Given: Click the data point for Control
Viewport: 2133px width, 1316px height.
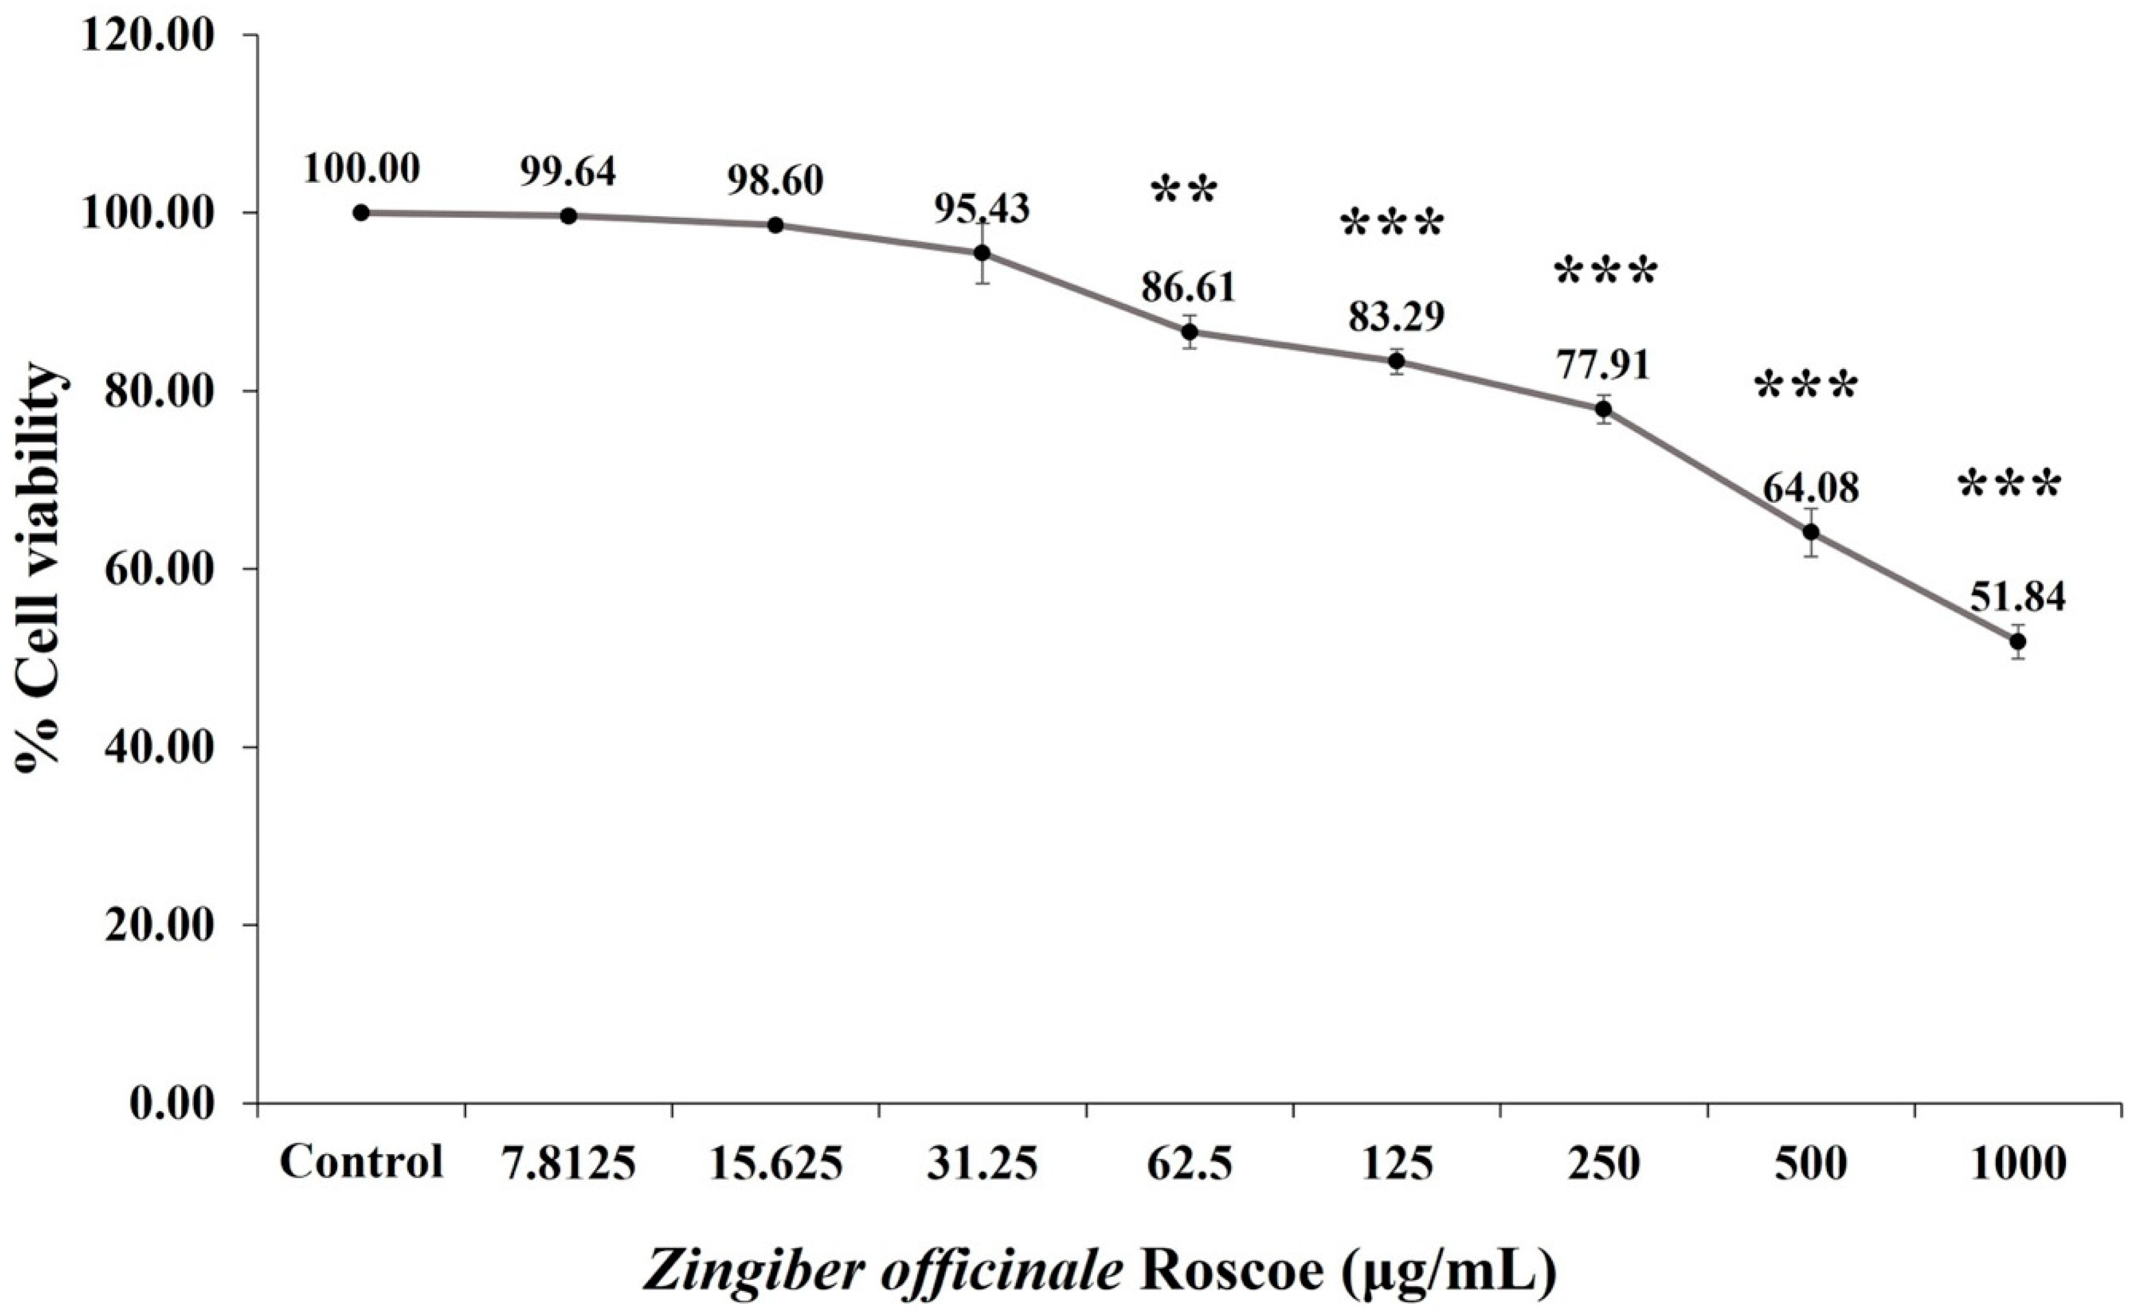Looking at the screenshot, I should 361,213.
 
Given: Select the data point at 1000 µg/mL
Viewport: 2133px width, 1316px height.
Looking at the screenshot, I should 2017,641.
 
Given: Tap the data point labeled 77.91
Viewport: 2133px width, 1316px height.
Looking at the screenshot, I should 1603,409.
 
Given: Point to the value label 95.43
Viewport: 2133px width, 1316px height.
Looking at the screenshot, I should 981,208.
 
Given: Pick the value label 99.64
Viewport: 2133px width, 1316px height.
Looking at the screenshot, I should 568,172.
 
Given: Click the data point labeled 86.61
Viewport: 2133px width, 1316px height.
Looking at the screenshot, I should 1189,332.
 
